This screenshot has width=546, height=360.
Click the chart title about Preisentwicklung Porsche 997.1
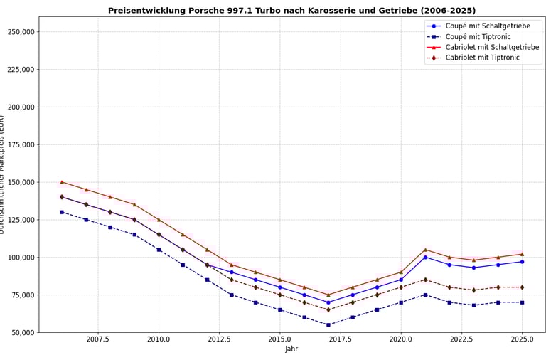point(291,11)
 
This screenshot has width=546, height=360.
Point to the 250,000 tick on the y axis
point(20,32)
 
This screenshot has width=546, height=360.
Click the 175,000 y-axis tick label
point(20,144)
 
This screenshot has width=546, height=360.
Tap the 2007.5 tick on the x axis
point(97,339)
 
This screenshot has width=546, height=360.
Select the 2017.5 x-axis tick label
point(341,339)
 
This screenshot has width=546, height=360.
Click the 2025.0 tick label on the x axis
point(522,339)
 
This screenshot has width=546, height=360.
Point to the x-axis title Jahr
point(291,349)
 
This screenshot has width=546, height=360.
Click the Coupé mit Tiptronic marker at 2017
point(328,324)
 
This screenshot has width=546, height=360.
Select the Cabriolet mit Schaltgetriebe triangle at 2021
point(425,250)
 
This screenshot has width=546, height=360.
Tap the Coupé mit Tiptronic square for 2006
point(62,212)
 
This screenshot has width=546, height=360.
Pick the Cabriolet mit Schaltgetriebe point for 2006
point(62,182)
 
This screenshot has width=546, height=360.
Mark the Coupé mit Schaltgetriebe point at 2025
point(522,262)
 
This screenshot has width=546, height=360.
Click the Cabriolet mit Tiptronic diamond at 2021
point(425,280)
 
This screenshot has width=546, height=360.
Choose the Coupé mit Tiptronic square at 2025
point(522,302)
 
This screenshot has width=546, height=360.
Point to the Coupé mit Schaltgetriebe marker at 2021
point(425,257)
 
